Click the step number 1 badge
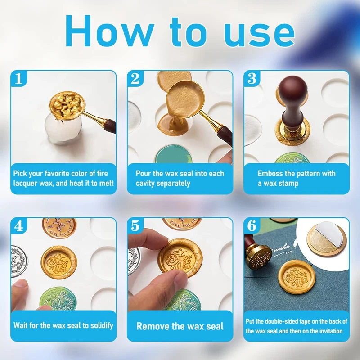point(19,78)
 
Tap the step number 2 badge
point(135,78)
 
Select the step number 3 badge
point(252,78)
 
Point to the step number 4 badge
point(19,226)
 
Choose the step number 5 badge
point(135,226)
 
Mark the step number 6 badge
point(252,226)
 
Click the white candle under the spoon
point(63,129)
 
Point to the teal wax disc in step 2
point(174,154)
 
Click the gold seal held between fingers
point(180,258)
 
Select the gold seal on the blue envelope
point(297,277)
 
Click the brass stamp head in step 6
point(259,257)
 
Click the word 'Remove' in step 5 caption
point(153,326)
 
